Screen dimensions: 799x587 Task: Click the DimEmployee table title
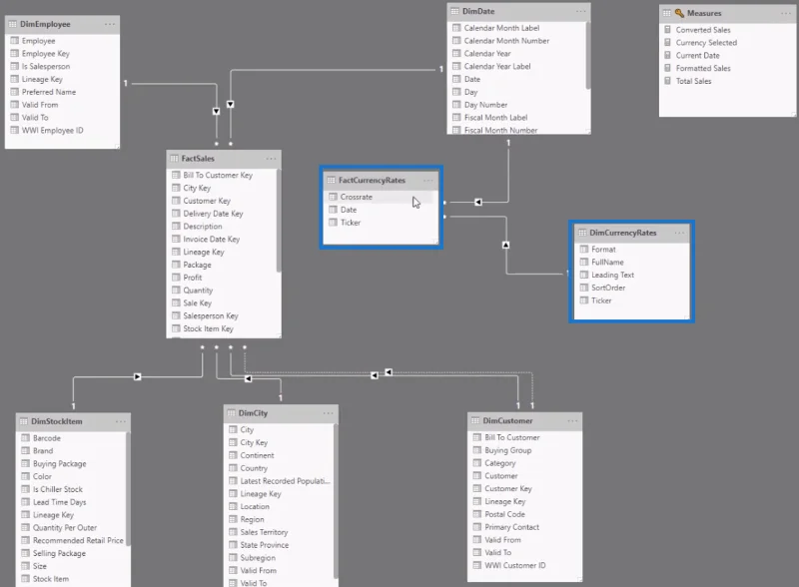pos(45,24)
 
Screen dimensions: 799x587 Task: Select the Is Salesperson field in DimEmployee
pos(46,66)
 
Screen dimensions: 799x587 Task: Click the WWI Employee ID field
pos(53,131)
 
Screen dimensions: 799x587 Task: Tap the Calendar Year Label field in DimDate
pos(497,66)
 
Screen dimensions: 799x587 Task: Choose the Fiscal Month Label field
pos(495,118)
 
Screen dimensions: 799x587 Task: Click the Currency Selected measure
pos(706,43)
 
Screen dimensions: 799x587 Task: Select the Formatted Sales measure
pos(703,68)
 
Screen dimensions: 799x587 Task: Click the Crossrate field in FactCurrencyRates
pos(357,197)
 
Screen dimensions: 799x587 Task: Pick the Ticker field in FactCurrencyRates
pos(351,223)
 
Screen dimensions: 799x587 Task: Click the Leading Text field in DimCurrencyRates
pos(612,276)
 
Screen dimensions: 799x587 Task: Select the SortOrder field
pos(608,288)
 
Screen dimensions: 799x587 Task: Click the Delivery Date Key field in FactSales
pos(213,214)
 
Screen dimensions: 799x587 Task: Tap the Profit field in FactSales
pos(193,278)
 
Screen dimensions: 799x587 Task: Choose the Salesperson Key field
pos(211,315)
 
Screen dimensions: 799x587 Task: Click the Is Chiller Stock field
pos(58,490)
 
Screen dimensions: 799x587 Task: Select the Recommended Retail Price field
pos(78,541)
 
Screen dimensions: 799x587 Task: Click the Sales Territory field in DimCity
pos(264,532)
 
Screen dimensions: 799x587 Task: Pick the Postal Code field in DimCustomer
pos(504,515)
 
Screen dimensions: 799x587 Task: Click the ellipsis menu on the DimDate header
pos(581,11)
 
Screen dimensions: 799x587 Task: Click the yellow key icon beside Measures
pos(679,13)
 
